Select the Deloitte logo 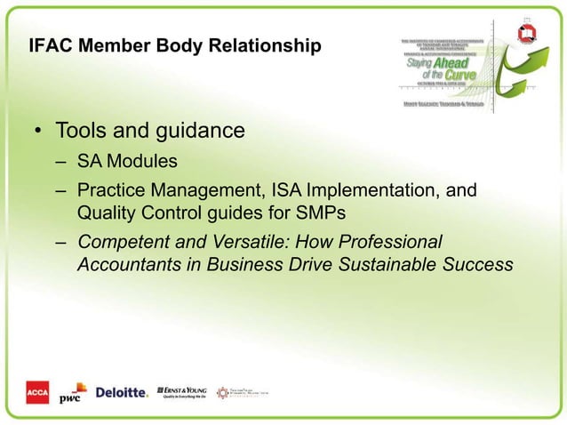(x=121, y=393)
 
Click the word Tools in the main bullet (x=81, y=132)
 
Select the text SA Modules (x=126, y=163)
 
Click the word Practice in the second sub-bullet (x=110, y=191)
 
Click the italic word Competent (x=121, y=242)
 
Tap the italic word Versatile (x=237, y=242)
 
